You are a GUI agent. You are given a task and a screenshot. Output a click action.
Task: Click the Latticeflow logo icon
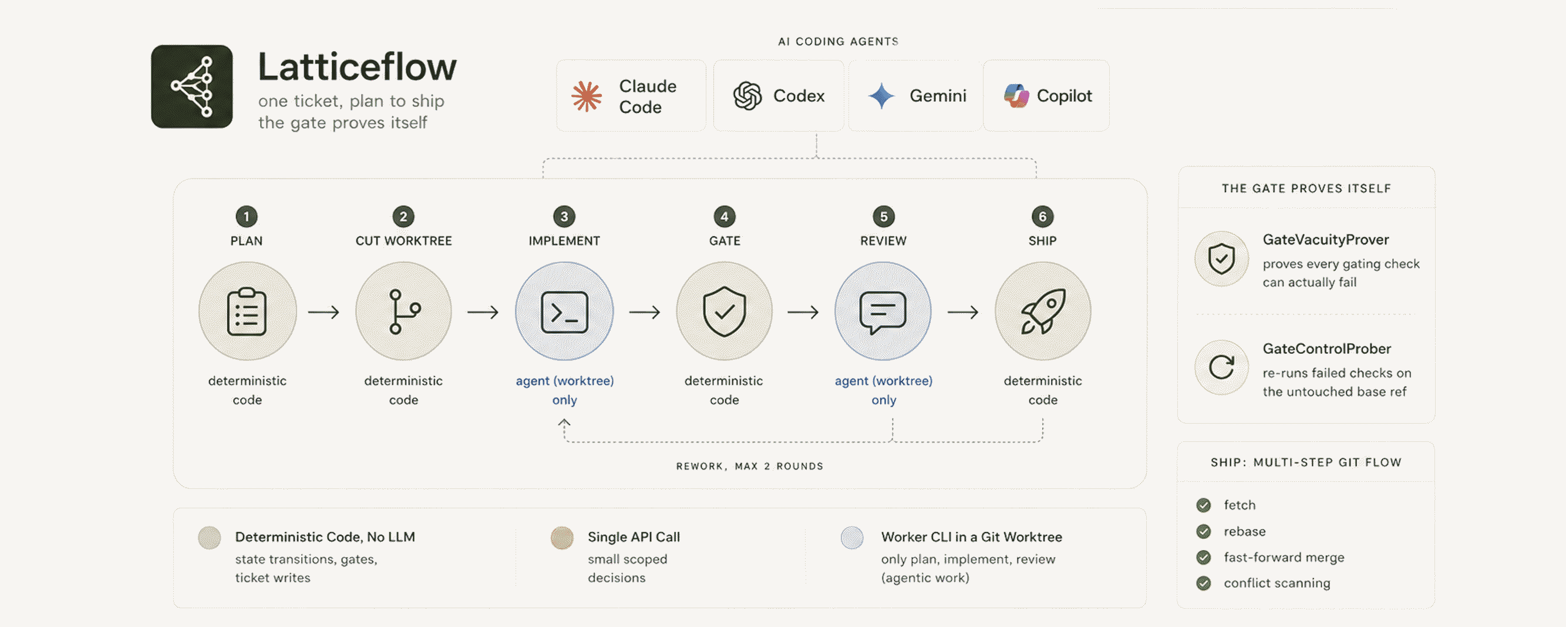coord(191,86)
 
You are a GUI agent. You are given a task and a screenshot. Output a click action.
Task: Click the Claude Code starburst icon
coord(587,96)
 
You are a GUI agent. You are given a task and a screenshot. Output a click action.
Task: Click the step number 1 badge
coord(246,216)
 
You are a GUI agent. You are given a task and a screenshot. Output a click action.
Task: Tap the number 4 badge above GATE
coord(724,216)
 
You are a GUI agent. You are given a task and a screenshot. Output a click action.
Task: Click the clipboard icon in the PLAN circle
coord(247,311)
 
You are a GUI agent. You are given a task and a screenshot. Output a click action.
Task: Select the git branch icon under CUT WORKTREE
coord(403,311)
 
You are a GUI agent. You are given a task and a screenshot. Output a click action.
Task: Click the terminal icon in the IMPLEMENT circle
coord(564,312)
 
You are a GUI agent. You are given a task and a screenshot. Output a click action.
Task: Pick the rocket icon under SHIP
coord(1043,311)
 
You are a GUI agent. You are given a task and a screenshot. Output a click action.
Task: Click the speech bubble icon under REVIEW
coord(883,313)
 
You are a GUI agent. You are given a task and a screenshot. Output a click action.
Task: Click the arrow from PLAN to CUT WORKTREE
coord(324,312)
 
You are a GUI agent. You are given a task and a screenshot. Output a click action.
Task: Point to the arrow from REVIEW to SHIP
coord(964,312)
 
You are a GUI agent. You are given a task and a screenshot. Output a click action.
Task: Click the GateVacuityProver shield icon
coord(1221,259)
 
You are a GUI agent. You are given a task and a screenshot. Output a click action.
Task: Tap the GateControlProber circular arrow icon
coord(1221,367)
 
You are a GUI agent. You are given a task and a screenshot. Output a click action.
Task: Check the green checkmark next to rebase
coord(1203,532)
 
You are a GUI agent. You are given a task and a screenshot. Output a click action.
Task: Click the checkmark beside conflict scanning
coord(1203,583)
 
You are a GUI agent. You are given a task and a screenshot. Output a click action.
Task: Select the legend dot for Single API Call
coord(562,538)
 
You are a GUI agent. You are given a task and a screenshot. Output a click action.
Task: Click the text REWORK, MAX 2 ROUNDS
coord(750,467)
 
